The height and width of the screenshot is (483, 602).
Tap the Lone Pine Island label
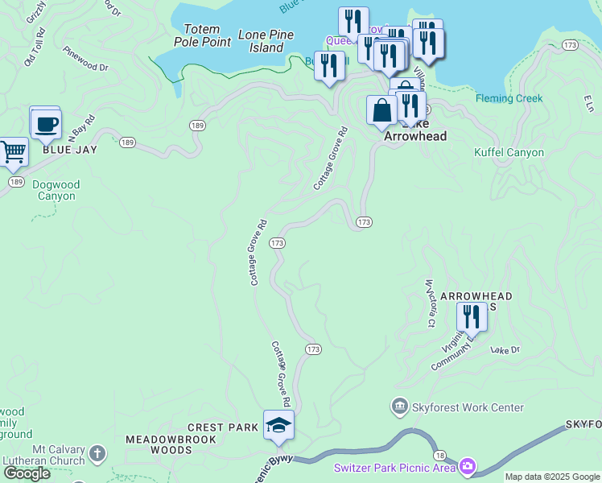pyautogui.click(x=266, y=41)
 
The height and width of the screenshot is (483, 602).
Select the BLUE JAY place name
pyautogui.click(x=65, y=149)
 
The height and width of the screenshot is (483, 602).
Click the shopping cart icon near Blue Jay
pyautogui.click(x=11, y=151)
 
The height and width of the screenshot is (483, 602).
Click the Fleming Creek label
pyautogui.click(x=509, y=99)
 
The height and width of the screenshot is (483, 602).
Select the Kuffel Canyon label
pyautogui.click(x=509, y=152)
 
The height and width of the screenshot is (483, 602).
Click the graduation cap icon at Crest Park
pyautogui.click(x=278, y=425)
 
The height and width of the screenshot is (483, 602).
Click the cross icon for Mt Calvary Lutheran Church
pyautogui.click(x=97, y=453)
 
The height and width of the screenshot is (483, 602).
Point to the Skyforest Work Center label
pyautogui.click(x=468, y=408)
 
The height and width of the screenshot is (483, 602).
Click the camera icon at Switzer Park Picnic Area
pyautogui.click(x=468, y=467)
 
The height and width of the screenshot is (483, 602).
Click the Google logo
pyautogui.click(x=27, y=473)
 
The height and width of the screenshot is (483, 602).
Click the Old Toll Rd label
pyautogui.click(x=35, y=49)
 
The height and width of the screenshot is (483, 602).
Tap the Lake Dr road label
pyautogui.click(x=505, y=350)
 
